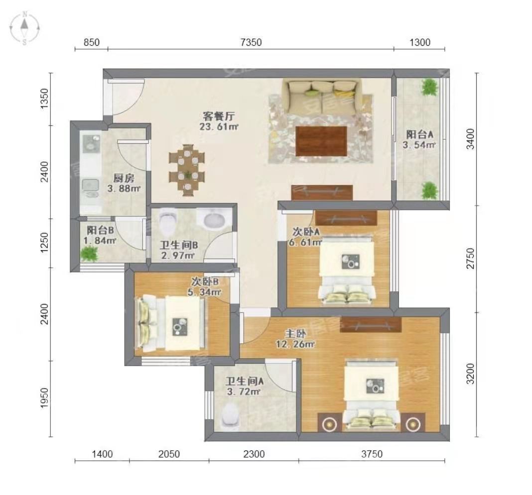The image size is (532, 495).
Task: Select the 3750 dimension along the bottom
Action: tap(372, 454)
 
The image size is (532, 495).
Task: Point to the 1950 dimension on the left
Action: tap(45, 398)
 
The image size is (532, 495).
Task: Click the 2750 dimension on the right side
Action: tap(470, 258)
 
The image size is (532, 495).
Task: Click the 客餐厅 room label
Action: tap(219, 116)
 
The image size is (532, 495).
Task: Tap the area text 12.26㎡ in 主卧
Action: tap(295, 344)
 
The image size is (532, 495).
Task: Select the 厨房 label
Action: tap(124, 178)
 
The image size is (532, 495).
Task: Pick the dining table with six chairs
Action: tap(187, 171)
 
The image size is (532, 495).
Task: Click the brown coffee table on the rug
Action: tap(321, 141)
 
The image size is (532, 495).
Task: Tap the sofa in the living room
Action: tap(321, 97)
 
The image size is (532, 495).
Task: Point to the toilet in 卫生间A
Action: tap(230, 416)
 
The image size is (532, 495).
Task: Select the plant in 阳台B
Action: tap(89, 253)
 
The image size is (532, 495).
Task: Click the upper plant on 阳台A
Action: tap(429, 88)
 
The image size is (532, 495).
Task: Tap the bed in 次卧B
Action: tap(171, 323)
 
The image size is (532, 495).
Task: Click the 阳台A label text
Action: tap(420, 134)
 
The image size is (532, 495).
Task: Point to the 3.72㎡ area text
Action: tap(243, 392)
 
